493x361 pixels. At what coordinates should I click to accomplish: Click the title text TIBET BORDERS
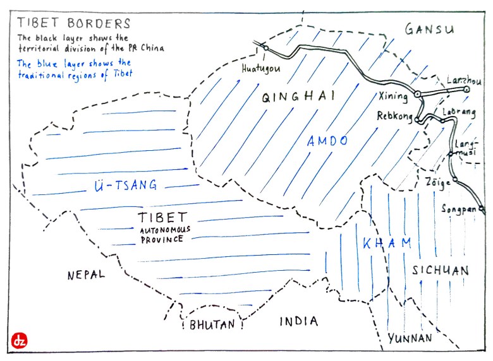(74, 24)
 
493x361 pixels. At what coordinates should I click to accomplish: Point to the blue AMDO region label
(327, 141)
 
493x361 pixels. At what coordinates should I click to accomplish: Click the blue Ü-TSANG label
(125, 186)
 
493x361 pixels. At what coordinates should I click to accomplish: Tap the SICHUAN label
(441, 271)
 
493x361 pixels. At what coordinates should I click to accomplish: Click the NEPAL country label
(87, 275)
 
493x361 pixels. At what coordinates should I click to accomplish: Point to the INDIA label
(298, 321)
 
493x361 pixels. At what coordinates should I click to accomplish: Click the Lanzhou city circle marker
(466, 90)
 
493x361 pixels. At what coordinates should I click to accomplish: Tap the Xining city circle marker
(417, 95)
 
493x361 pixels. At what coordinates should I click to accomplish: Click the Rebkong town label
(395, 115)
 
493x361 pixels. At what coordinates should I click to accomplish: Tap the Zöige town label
(438, 182)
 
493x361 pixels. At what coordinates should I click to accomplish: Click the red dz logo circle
(19, 341)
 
